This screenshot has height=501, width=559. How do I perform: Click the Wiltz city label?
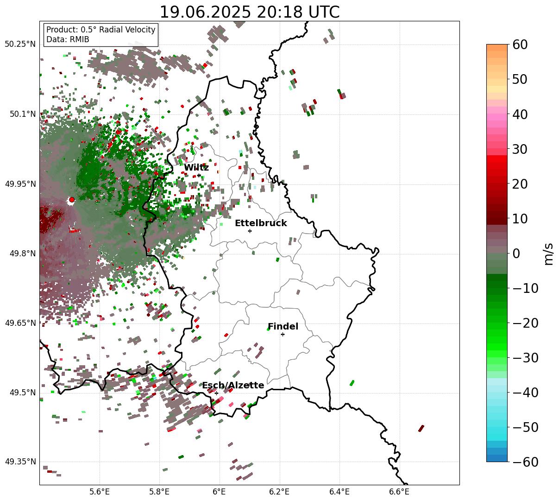tap(196, 168)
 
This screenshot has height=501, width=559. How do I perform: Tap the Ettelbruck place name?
tap(261, 223)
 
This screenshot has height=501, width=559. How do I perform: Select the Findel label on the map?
tap(283, 327)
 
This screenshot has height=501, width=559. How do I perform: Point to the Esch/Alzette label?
tap(233, 386)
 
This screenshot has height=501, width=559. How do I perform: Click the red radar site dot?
tap(71, 200)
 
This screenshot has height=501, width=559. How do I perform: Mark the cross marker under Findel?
tap(283, 334)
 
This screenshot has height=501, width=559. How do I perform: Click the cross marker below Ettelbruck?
tap(250, 231)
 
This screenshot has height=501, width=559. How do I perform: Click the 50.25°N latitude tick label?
tap(20, 44)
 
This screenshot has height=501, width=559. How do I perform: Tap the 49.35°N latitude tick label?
tap(20, 462)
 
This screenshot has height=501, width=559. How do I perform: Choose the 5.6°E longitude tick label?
tap(99, 491)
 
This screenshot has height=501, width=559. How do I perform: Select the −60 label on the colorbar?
tap(525, 462)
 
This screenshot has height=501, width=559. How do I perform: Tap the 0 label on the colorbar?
tap(516, 254)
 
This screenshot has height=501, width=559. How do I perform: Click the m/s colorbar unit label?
tap(549, 254)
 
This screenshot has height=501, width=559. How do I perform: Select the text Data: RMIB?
tap(68, 39)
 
